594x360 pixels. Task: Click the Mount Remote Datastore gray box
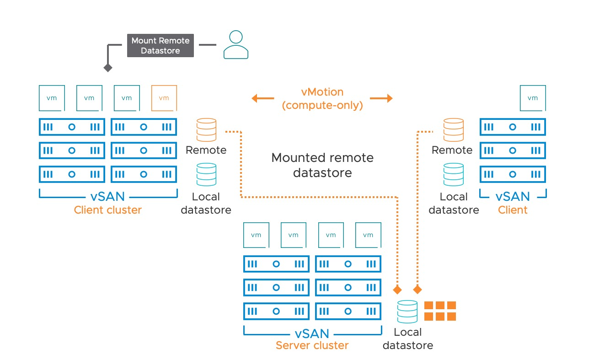pos(160,45)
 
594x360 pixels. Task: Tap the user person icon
pos(235,45)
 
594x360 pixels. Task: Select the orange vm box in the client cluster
pos(164,97)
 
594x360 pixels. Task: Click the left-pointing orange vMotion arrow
pos(262,98)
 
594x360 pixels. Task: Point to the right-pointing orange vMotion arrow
pos(381,98)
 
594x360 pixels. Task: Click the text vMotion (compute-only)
pos(322,98)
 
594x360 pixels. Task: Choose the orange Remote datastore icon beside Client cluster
pos(206,130)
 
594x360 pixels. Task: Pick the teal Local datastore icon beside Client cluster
pos(206,175)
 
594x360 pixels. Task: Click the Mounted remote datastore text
pos(322,165)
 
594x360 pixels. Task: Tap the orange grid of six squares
pos(440,311)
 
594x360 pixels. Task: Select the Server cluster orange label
pos(312,345)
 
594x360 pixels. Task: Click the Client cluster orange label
pos(108,210)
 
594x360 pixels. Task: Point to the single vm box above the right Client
pos(533,97)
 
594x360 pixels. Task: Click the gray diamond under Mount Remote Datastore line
pos(108,68)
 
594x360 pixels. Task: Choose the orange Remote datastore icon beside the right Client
pos(453,130)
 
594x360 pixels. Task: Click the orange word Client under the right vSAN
pos(513,210)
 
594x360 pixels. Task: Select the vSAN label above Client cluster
pos(108,197)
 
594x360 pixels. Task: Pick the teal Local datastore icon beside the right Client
pos(453,175)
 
